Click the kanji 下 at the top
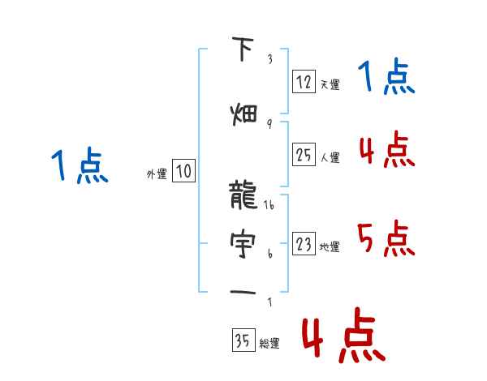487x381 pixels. point(243,50)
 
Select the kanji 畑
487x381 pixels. point(243,112)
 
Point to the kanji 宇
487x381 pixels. point(243,242)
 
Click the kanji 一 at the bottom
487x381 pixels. point(243,291)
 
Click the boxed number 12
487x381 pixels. point(304,82)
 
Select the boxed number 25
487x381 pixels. point(304,155)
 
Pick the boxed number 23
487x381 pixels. point(304,244)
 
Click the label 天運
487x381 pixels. point(330,84)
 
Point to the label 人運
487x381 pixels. point(330,157)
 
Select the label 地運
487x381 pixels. point(330,246)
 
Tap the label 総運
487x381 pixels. point(269,344)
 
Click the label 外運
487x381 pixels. point(156,173)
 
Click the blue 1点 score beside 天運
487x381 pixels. point(386,79)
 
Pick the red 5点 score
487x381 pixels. point(386,238)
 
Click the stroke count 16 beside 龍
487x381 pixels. point(269,207)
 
